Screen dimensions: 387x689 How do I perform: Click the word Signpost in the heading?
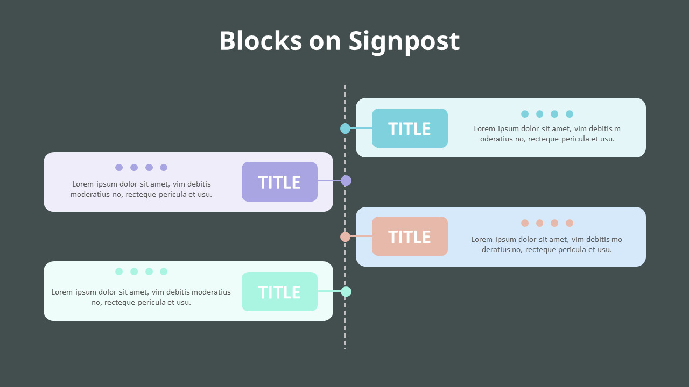(x=404, y=41)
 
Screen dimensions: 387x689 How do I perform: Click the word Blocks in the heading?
(x=261, y=41)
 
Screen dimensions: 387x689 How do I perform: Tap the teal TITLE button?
(x=410, y=128)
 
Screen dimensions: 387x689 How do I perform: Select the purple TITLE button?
(x=279, y=182)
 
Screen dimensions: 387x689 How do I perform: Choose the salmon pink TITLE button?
(x=410, y=236)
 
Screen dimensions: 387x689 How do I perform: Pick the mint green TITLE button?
(x=279, y=292)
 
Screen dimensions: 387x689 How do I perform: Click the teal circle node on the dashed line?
(x=346, y=128)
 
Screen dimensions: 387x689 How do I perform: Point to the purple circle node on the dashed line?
(x=346, y=181)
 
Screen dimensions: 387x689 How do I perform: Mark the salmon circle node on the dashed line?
(x=346, y=236)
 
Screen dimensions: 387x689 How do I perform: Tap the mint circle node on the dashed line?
(x=346, y=291)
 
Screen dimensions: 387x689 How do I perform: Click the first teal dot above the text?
(x=525, y=114)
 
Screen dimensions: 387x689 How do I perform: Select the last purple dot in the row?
(x=164, y=168)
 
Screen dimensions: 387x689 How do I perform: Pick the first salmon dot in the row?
(x=525, y=223)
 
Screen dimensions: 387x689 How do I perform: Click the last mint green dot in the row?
(x=164, y=271)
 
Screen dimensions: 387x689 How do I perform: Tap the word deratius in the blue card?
(x=497, y=250)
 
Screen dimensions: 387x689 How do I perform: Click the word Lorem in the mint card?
(x=62, y=292)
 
